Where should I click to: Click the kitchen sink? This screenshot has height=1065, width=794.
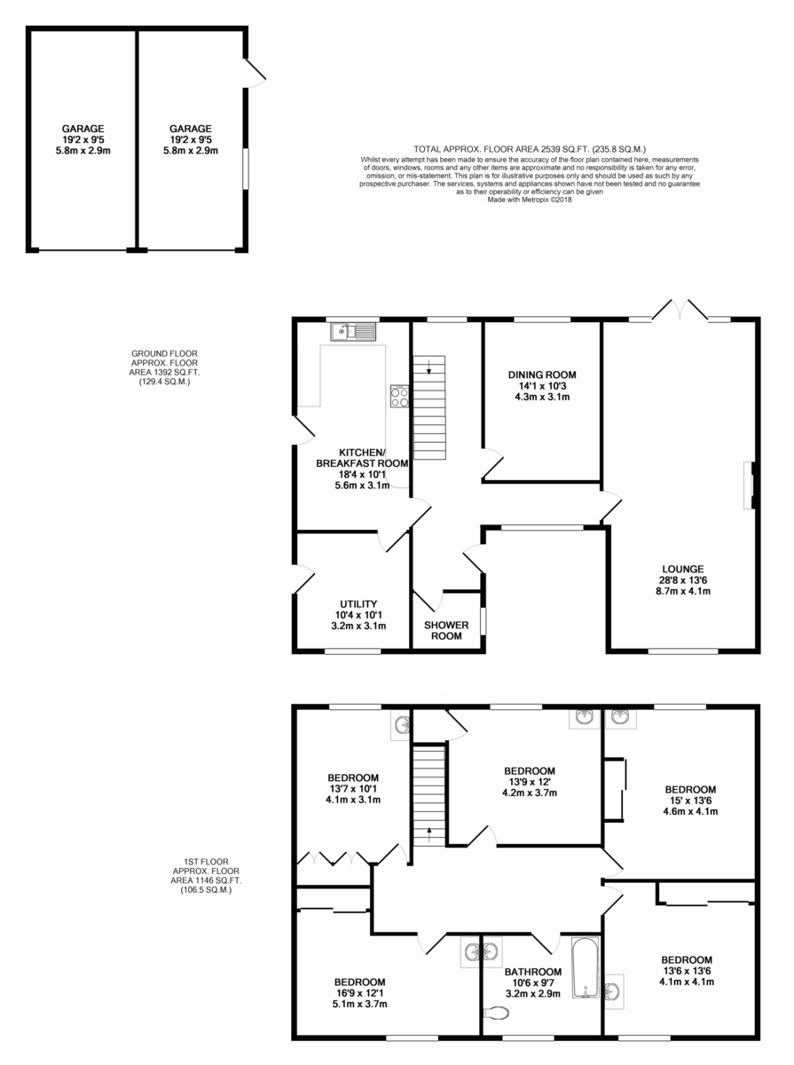[x=353, y=332]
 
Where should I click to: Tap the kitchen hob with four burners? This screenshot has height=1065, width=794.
[x=400, y=397]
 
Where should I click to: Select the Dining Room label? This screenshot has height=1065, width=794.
[x=542, y=375]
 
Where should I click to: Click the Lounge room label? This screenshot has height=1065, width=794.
[x=683, y=569]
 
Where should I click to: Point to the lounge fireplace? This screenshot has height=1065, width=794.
[x=750, y=485]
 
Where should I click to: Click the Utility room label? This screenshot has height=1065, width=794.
[x=358, y=604]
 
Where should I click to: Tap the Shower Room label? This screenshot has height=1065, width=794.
[x=446, y=631]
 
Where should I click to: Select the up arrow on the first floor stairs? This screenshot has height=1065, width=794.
[x=429, y=834]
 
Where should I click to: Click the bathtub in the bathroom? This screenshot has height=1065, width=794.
[x=586, y=967]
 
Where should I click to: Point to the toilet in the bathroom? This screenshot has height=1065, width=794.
[x=497, y=1013]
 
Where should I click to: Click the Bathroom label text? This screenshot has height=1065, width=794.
[x=533, y=972]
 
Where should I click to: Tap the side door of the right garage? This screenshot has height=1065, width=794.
[x=255, y=73]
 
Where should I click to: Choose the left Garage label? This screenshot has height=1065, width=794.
[x=83, y=129]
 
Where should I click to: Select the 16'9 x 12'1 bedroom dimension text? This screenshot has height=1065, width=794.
[x=360, y=993]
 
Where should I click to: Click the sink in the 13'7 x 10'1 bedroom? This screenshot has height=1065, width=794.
[x=401, y=725]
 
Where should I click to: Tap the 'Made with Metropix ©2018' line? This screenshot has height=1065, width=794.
[x=530, y=200]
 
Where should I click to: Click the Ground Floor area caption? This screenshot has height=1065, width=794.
[x=164, y=367]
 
